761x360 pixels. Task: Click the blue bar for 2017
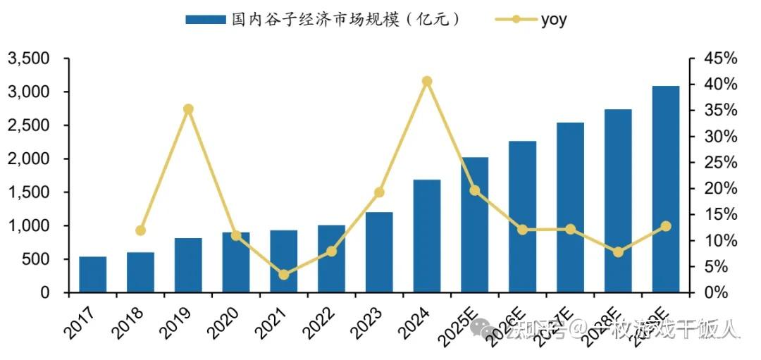[92, 275]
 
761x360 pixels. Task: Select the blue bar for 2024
[427, 236]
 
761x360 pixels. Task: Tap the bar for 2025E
[474, 225]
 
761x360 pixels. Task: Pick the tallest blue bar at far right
[665, 189]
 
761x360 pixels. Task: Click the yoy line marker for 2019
[188, 109]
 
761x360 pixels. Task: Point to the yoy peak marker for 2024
[427, 81]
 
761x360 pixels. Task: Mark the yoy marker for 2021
[283, 275]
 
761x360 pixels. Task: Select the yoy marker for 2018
[140, 230]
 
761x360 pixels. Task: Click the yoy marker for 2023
[379, 192]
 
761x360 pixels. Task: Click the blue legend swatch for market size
[205, 20]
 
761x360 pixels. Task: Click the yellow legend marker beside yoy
[515, 20]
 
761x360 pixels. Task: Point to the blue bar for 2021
[283, 261]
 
